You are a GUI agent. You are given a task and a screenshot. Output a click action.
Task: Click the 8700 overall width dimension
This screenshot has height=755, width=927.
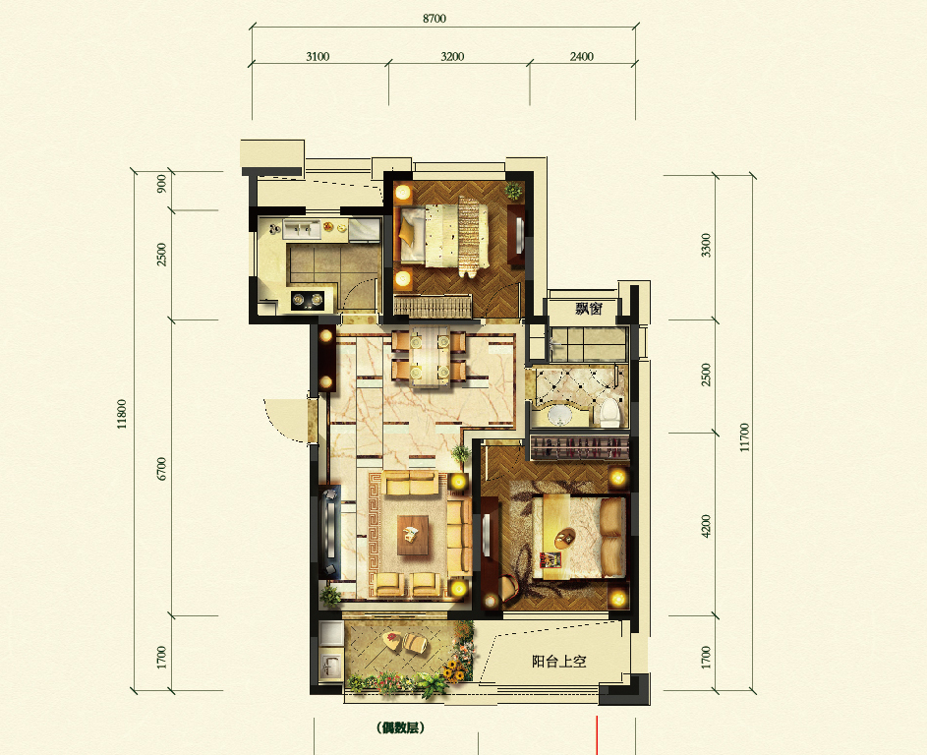pos(435,19)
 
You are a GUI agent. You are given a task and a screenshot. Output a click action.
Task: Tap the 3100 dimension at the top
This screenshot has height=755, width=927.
pos(318,56)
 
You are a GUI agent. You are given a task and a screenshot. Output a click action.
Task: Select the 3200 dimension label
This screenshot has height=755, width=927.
pos(452,56)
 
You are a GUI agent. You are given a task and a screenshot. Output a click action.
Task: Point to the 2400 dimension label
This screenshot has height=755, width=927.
pos(582,56)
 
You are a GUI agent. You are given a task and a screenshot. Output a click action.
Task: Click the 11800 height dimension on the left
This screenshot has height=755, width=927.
pos(122,414)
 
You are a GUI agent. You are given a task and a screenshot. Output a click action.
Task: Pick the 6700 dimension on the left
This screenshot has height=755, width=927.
pos(161,469)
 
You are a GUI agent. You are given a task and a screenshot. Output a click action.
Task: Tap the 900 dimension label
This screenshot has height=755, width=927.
pos(161,184)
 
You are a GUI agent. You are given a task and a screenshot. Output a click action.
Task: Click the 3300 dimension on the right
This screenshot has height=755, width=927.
pos(706,245)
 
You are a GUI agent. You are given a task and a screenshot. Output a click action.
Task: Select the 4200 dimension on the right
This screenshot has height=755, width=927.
pos(706,526)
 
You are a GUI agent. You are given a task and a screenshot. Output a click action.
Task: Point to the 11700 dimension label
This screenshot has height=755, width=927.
pos(744,436)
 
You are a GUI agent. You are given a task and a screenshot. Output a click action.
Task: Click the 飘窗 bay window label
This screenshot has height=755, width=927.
pos(589,308)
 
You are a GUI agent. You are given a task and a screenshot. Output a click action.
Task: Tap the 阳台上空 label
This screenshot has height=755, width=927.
pos(558,661)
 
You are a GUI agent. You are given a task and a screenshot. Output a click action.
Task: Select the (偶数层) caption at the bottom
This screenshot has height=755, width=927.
pos(400,727)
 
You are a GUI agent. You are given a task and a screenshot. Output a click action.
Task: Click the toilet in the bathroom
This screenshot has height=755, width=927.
pos(608,412)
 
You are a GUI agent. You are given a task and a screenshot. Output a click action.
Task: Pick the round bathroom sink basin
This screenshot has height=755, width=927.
pos(558,414)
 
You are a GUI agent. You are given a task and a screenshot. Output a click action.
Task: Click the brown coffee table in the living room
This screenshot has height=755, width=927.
pos(413,535)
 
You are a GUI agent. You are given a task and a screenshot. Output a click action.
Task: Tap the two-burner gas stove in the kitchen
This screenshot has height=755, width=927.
pos(309,301)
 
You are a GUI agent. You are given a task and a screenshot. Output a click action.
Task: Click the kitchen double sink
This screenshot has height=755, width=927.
pos(302,229)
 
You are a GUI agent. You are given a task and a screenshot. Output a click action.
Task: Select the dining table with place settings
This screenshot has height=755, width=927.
pos(430,356)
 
